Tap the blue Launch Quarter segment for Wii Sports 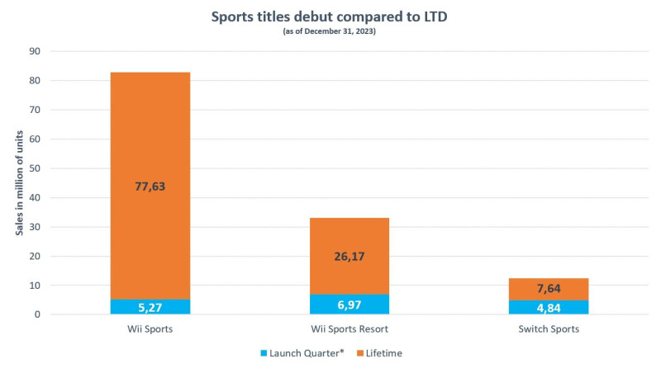(x=150, y=307)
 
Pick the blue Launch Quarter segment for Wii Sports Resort (x=349, y=304)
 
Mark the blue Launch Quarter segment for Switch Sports (x=548, y=308)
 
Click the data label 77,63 (x=150, y=186)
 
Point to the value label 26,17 (x=349, y=257)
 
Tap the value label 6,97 (x=349, y=306)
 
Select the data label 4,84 (x=548, y=309)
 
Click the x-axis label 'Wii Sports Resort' (x=349, y=330)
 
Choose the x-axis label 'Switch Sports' (x=548, y=330)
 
